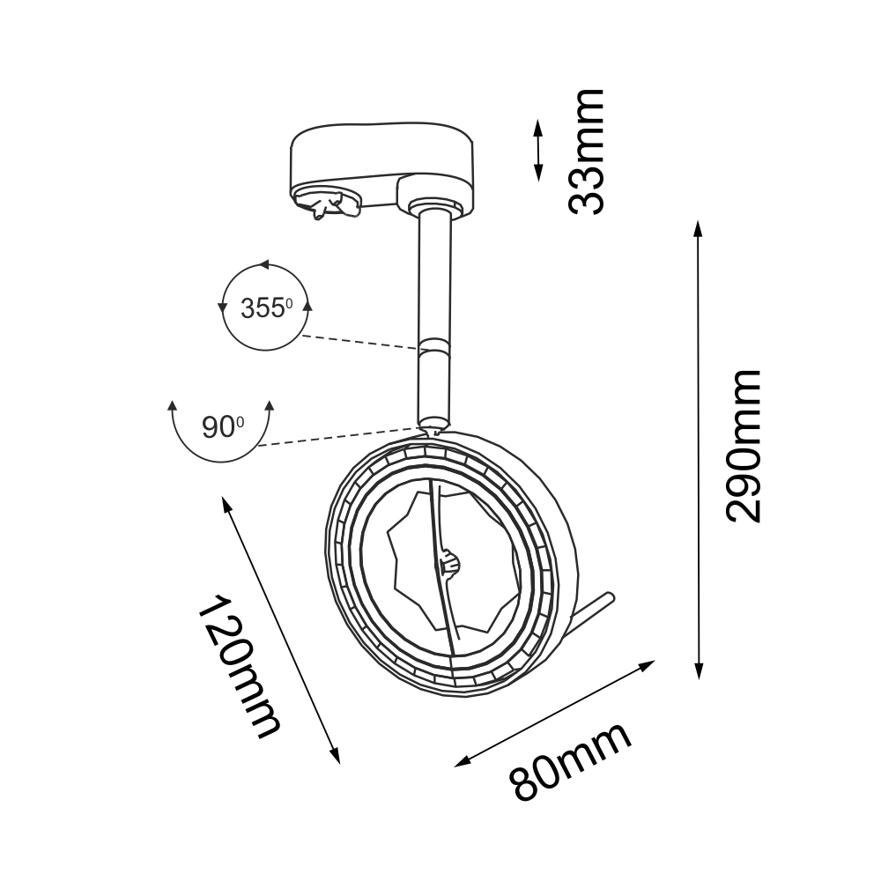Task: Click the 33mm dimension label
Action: coord(586,151)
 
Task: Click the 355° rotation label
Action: coord(265,308)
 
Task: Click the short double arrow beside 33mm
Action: coord(537,151)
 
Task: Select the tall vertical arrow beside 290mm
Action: coord(699,449)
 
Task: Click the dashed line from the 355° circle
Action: coord(361,343)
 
